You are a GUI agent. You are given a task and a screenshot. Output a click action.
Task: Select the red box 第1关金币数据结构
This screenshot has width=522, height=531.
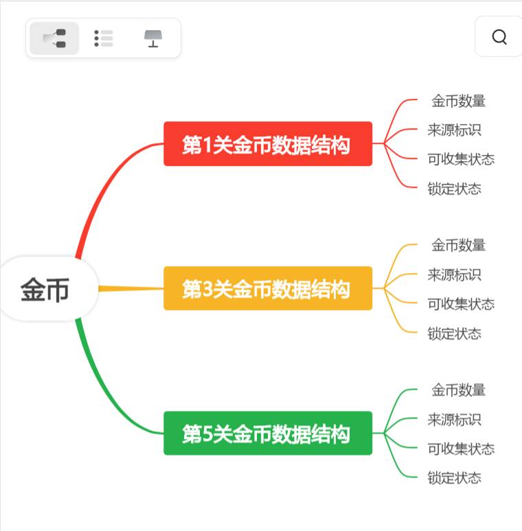[267, 144]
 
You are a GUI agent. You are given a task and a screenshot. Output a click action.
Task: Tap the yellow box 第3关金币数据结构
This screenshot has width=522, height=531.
[267, 289]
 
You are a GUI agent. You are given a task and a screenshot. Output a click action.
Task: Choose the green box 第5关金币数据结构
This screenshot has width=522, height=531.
[267, 434]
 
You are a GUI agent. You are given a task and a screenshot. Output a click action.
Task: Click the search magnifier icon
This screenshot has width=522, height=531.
[499, 37]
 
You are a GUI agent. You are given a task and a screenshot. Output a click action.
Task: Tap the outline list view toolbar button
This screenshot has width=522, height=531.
[104, 38]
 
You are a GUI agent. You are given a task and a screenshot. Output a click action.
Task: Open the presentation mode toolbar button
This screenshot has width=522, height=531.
[153, 38]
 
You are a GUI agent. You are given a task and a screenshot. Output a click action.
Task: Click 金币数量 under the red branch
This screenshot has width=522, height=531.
[458, 101]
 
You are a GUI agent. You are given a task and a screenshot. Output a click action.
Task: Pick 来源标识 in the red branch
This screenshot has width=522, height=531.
[454, 130]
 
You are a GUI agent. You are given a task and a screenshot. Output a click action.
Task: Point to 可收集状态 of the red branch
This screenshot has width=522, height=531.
[460, 159]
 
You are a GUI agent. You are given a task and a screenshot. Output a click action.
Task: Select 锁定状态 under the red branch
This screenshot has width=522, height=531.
[454, 189]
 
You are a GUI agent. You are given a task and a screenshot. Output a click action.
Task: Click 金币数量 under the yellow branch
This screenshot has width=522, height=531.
[458, 245]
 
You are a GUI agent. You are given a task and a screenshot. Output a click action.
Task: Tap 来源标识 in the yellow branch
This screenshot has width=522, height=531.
[454, 274]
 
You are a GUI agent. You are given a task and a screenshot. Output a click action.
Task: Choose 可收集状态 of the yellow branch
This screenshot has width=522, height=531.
[460, 304]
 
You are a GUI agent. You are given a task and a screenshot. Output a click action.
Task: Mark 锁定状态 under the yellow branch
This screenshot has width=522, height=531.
[454, 333]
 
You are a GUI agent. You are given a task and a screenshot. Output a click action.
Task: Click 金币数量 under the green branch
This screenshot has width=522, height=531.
[458, 390]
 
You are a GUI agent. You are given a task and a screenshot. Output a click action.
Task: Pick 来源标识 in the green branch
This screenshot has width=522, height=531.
[454, 419]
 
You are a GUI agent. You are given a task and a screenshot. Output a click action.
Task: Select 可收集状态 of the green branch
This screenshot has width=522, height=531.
[460, 449]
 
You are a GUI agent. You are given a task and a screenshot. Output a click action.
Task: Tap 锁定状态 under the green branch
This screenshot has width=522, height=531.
[454, 477]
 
